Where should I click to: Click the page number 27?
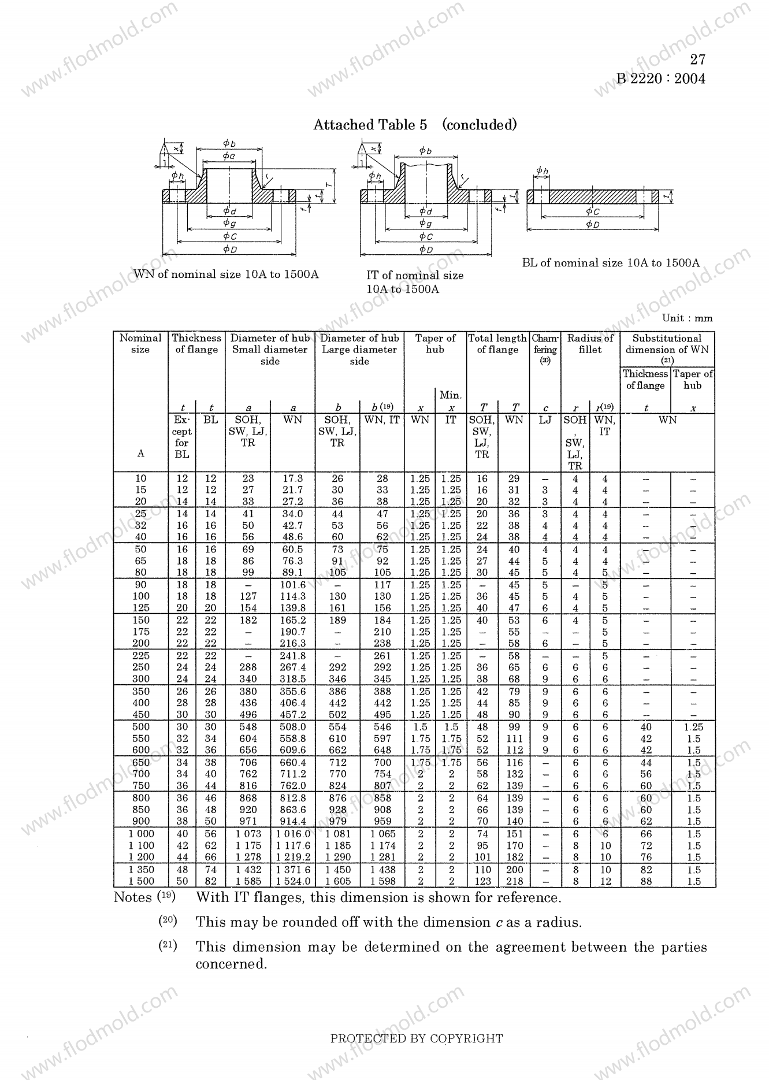click(697, 60)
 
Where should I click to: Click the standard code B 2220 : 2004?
click(660, 79)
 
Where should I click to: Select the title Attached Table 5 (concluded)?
click(414, 125)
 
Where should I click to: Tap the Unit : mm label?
click(687, 318)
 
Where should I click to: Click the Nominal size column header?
click(140, 344)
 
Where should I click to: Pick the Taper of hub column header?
click(435, 344)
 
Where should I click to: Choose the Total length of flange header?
click(497, 344)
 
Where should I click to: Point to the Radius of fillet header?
click(590, 344)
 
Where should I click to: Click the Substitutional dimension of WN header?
click(667, 344)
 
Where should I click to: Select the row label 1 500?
click(141, 881)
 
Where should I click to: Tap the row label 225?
click(141, 656)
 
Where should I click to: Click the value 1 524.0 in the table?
click(293, 881)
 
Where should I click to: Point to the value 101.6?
click(293, 585)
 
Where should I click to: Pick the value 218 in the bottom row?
click(514, 881)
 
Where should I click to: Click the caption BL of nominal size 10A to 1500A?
click(611, 263)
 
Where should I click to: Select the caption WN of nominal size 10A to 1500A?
click(226, 274)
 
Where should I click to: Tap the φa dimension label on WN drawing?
click(229, 156)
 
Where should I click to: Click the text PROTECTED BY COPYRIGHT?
click(416, 1038)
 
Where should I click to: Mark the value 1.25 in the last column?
click(694, 727)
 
